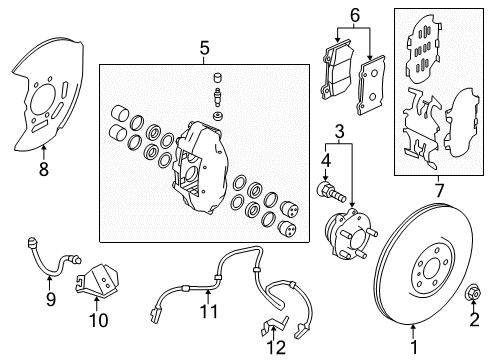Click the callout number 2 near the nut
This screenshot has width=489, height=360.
pos(474,319)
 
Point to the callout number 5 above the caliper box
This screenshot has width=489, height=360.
pos(204,46)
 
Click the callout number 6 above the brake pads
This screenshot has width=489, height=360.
pos(353,15)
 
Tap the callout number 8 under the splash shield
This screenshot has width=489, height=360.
pos(42,170)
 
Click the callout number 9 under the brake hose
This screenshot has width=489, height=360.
pos(51,297)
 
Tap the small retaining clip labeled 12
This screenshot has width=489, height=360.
pos(272,324)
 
